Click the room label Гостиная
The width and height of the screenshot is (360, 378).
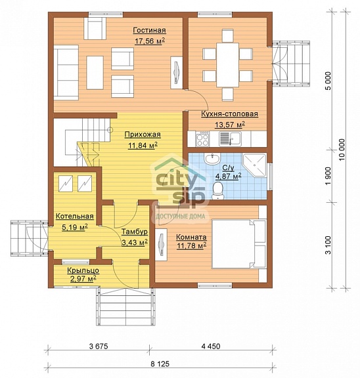pyautogui.click(x=149, y=30)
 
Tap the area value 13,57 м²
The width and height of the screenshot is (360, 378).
pyautogui.click(x=230, y=125)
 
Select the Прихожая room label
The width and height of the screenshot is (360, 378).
pyautogui.click(x=143, y=135)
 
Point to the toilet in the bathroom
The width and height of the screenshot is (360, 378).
pyautogui.click(x=218, y=190)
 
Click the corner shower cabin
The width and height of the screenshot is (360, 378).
pyautogui.click(x=254, y=165)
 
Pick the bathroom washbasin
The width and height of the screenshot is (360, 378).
pyautogui.click(x=212, y=158)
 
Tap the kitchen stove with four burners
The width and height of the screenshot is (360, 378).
pyautogui.click(x=202, y=139)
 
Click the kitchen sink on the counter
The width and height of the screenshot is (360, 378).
pyautogui.click(x=230, y=138)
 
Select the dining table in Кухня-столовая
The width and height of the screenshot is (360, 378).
pyautogui.click(x=227, y=64)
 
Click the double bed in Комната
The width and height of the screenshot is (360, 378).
pyautogui.click(x=239, y=243)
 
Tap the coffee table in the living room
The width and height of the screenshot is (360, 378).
pyautogui.click(x=95, y=73)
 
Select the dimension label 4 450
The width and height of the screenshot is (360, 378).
pyautogui.click(x=211, y=346)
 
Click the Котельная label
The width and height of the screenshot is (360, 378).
pyautogui.click(x=74, y=217)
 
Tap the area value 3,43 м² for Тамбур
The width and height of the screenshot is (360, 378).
pyautogui.click(x=135, y=243)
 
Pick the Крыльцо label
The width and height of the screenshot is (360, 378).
pyautogui.click(x=83, y=270)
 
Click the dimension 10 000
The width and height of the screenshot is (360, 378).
pyautogui.click(x=342, y=150)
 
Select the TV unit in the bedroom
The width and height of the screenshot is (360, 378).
pyautogui.click(x=161, y=245)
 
